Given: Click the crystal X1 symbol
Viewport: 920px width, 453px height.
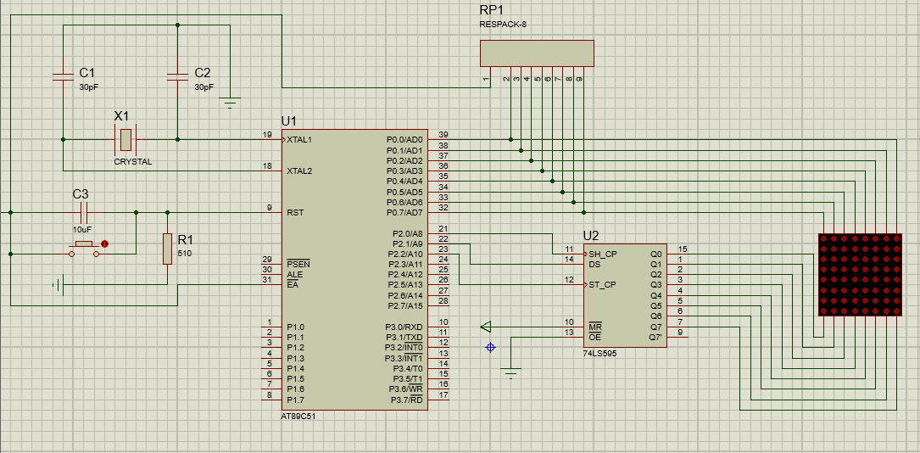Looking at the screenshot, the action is pyautogui.click(x=125, y=140).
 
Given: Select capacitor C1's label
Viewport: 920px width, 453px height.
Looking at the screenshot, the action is pyautogui.click(x=86, y=73).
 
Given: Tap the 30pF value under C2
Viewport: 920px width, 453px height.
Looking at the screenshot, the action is pyautogui.click(x=204, y=87).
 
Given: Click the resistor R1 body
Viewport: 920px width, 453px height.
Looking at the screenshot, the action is pyautogui.click(x=167, y=249).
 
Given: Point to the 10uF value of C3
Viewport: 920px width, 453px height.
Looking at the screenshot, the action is pyautogui.click(x=81, y=229).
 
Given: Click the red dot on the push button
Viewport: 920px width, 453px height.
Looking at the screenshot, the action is pyautogui.click(x=105, y=243).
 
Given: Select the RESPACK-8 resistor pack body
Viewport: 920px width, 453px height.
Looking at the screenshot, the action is pyautogui.click(x=537, y=53).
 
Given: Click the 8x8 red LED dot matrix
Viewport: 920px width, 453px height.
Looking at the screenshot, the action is pyautogui.click(x=860, y=275).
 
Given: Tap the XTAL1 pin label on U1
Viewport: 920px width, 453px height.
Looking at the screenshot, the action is pyautogui.click(x=299, y=140).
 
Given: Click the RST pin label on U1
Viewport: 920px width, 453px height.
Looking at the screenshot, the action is pyautogui.click(x=294, y=212).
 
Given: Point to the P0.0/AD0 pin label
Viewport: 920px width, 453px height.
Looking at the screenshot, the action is pyautogui.click(x=404, y=140).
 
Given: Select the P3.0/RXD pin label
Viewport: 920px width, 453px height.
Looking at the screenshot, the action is pyautogui.click(x=404, y=327).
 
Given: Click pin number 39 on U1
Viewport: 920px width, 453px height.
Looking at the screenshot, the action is pyautogui.click(x=443, y=135).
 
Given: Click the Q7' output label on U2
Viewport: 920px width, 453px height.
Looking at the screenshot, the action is pyautogui.click(x=655, y=338).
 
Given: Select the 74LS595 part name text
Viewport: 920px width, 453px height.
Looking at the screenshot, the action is pyautogui.click(x=599, y=354).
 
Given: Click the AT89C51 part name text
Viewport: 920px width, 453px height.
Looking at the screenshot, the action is pyautogui.click(x=299, y=416).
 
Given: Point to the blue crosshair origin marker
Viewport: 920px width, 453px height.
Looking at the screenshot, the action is pyautogui.click(x=490, y=347).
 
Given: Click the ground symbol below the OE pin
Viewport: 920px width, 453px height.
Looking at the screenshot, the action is pyautogui.click(x=511, y=372).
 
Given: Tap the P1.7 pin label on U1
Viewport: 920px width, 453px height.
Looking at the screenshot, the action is pyautogui.click(x=295, y=400).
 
